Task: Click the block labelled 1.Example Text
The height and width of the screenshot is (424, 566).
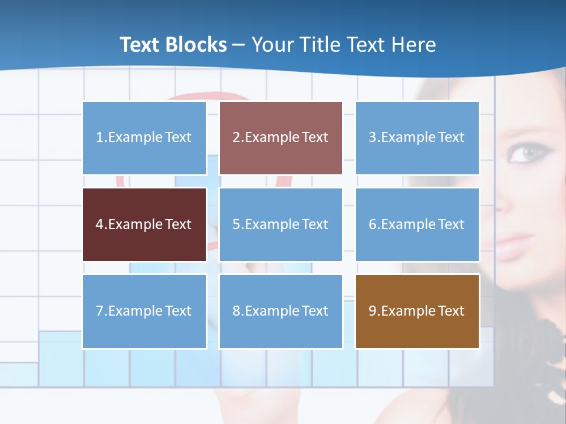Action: coord(144,138)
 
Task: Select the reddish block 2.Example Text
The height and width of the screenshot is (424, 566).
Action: coord(281,138)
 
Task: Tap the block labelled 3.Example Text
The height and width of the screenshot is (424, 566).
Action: coord(417,138)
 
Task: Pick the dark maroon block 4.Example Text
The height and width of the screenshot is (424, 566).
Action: coord(144,224)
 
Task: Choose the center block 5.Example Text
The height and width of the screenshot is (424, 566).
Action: coord(281,224)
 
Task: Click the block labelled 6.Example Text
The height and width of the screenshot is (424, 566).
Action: coord(417,224)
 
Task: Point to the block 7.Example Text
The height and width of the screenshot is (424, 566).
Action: coord(144,311)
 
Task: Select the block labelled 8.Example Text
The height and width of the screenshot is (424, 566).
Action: coord(281,311)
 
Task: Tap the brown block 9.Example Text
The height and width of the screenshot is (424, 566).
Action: coord(417,311)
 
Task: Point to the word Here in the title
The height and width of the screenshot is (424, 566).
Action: coord(414,45)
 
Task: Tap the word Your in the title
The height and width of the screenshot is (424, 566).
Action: coord(272,45)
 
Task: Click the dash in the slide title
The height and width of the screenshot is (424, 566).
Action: coord(239,45)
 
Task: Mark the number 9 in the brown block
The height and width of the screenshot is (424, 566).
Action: coord(372,311)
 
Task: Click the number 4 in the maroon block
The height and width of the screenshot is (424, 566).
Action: coord(99,224)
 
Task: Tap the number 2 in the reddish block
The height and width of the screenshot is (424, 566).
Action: coord(236,138)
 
